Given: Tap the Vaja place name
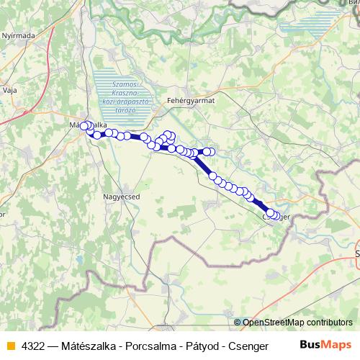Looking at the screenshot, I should tap(10, 90).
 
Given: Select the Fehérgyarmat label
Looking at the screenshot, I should tap(191, 101).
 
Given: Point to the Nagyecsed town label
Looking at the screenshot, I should tap(120, 195).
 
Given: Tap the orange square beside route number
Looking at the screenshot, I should tap(10, 345).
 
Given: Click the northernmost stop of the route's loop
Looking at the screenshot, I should tap(168, 134).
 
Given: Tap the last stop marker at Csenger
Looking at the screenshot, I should tap(276, 215).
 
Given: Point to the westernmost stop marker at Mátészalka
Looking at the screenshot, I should tap(84, 126).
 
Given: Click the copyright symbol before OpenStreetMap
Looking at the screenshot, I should tap(238, 322).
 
